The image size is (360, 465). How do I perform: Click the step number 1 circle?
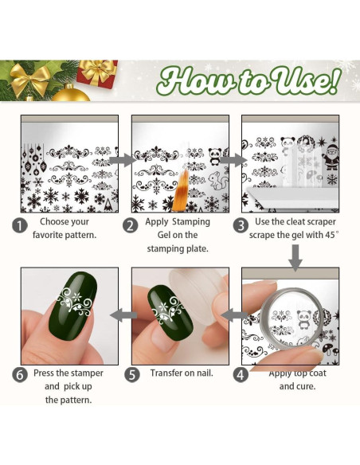pos(19,225)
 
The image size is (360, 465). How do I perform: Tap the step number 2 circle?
pos(131,225)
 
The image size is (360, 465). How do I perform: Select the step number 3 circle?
pos(241,225)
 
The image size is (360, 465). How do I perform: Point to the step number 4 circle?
pos(241,373)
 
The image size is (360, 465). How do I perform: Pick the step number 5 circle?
pos(131,373)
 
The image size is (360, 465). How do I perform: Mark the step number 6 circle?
pos(19,373)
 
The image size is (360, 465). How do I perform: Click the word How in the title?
pos(191,80)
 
